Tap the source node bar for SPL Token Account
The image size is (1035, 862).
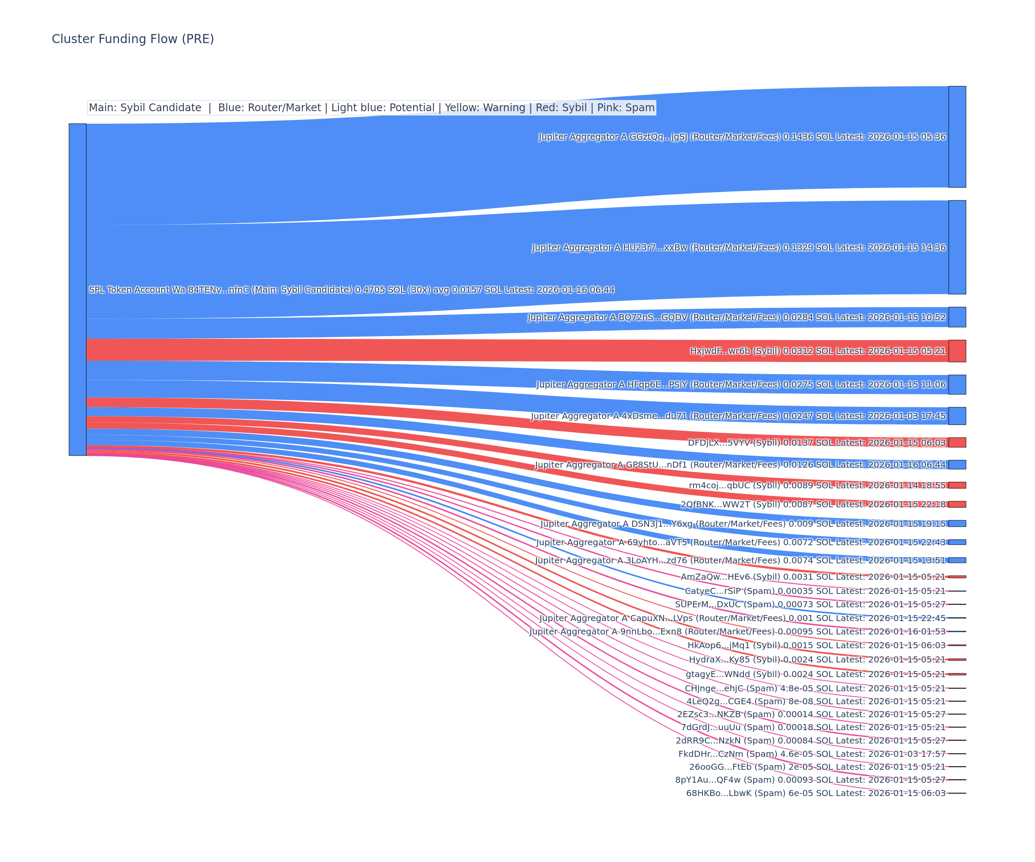[77, 290]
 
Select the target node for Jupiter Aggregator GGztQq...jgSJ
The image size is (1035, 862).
[957, 137]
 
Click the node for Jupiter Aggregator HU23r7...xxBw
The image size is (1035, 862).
[957, 247]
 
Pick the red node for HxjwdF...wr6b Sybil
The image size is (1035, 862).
[957, 351]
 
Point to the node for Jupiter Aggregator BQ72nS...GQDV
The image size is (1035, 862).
[957, 317]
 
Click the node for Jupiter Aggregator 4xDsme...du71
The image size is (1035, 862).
[957, 416]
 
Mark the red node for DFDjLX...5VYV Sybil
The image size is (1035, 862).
[957, 443]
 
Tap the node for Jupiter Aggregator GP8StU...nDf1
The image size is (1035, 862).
[957, 465]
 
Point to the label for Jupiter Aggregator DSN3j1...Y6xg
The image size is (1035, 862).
[743, 524]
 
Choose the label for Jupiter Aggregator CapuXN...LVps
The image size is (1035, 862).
[742, 618]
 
